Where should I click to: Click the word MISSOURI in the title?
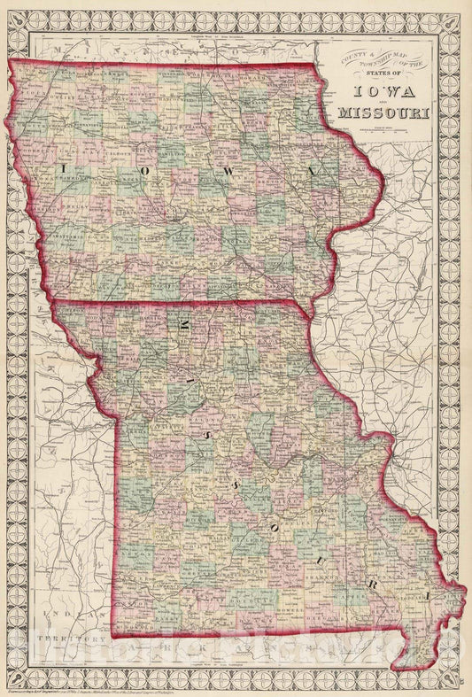[383, 113]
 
